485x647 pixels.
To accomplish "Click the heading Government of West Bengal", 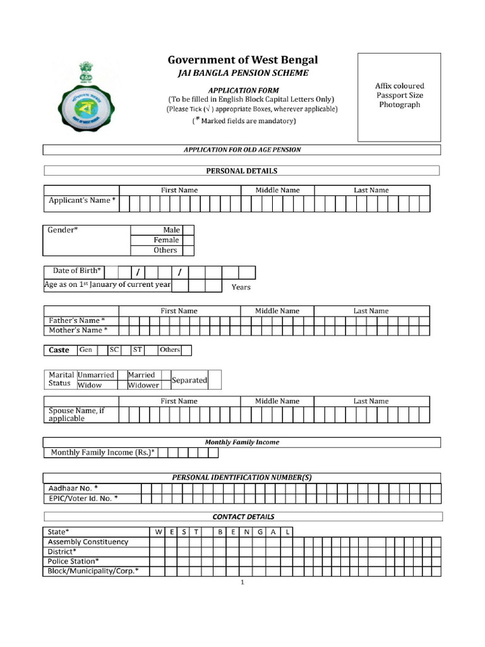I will (x=242, y=60).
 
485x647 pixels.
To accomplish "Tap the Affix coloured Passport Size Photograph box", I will (x=399, y=97).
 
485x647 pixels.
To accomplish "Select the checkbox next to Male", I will (x=188, y=230).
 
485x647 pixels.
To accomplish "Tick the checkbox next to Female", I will (x=188, y=240).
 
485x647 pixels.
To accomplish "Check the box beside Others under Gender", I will (x=188, y=250).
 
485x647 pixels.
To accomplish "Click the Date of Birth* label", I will (x=76, y=270).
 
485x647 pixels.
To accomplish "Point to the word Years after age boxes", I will (x=241, y=287).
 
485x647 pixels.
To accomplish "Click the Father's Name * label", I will (x=76, y=320).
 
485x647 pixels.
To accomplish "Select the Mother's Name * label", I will (x=76, y=330).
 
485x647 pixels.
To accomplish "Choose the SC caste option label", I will (x=114, y=349).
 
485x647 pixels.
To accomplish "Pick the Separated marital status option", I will (x=189, y=380).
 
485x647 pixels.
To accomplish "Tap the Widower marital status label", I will (x=143, y=385).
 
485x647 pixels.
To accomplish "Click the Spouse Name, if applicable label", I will (x=76, y=414).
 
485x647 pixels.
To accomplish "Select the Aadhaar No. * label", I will (x=73, y=488).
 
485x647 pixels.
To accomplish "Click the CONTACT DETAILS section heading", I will (x=243, y=517).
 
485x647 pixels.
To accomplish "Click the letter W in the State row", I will (x=157, y=532).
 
